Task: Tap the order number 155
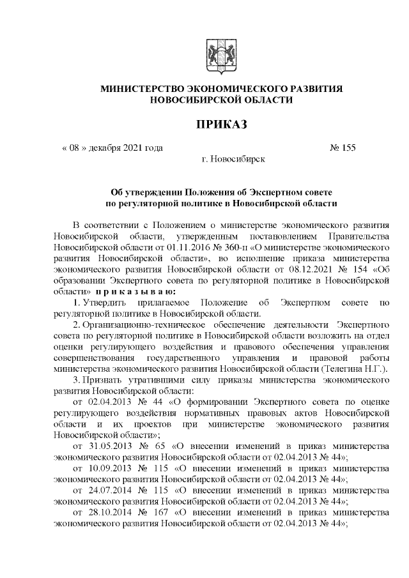(x=348, y=148)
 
